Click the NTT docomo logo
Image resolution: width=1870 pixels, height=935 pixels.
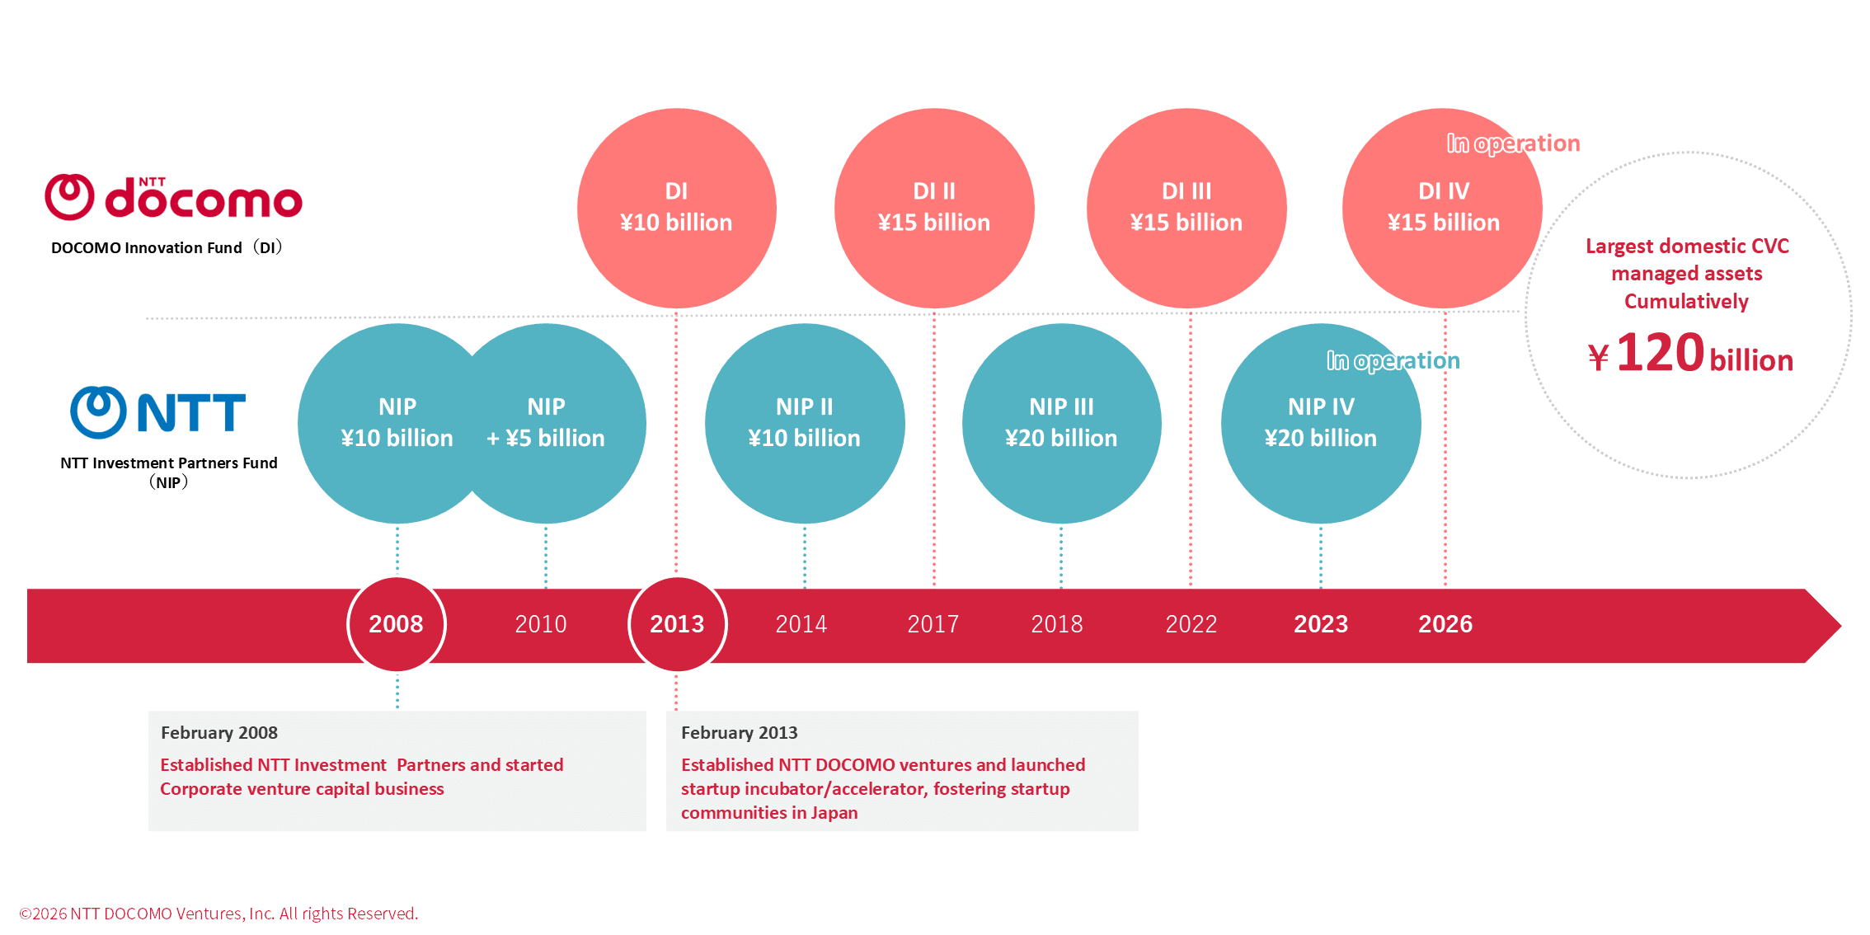pyautogui.click(x=173, y=198)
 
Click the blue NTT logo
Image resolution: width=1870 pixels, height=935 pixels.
pyautogui.click(x=158, y=411)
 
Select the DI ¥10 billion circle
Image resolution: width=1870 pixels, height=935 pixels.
pyautogui.click(x=676, y=208)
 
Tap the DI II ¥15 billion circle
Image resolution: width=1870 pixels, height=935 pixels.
pyautogui.click(x=933, y=208)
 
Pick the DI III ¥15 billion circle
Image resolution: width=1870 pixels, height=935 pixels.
pyautogui.click(x=1186, y=208)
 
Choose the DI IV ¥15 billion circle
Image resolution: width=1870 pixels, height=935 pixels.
pyautogui.click(x=1442, y=208)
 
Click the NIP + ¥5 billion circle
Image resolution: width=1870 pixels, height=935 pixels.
pyautogui.click(x=552, y=423)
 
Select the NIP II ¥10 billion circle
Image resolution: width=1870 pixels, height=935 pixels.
pyautogui.click(x=804, y=423)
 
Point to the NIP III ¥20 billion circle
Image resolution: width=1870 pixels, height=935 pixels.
pyautogui.click(x=1061, y=423)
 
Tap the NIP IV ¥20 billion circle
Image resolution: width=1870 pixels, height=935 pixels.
pyautogui.click(x=1320, y=423)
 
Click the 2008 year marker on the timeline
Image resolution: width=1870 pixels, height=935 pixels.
pyautogui.click(x=397, y=624)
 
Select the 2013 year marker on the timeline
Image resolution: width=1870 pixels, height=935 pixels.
pyautogui.click(x=677, y=624)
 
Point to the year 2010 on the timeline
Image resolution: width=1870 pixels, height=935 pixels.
pyautogui.click(x=541, y=624)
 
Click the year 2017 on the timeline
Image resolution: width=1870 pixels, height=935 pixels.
pyautogui.click(x=933, y=624)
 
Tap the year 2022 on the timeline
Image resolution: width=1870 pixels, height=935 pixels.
pyautogui.click(x=1191, y=624)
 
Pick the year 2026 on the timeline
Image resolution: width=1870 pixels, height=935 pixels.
pyautogui.click(x=1445, y=624)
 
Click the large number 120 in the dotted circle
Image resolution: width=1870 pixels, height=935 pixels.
pyautogui.click(x=1660, y=353)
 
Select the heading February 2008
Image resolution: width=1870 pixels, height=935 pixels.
pyautogui.click(x=219, y=732)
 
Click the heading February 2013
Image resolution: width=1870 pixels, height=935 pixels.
pyautogui.click(x=739, y=732)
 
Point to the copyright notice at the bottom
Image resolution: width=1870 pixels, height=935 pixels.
pyautogui.click(x=218, y=914)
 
